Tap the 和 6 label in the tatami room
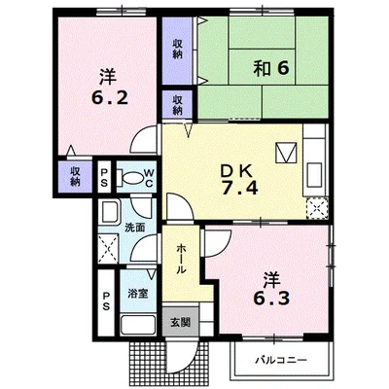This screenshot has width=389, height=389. click(271, 68)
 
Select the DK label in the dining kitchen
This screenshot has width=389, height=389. click(236, 171)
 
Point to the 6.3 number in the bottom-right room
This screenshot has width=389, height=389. click(271, 299)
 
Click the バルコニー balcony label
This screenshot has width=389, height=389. click(281, 360)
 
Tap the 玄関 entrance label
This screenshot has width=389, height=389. click(181, 322)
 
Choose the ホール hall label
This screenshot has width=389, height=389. click(181, 260)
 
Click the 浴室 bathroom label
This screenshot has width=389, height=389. click(138, 294)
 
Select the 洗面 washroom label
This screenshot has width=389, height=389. click(135, 228)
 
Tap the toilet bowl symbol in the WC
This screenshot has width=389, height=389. click(130, 177)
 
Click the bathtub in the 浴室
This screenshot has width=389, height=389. click(138, 325)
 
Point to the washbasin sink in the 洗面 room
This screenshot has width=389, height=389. click(110, 211)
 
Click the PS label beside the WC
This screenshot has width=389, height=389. click(104, 177)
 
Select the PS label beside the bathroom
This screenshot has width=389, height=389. click(106, 301)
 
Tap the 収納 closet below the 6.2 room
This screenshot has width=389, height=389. click(75, 176)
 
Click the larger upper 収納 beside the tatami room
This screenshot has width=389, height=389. click(177, 50)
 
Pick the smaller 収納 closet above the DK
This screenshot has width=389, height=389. click(177, 105)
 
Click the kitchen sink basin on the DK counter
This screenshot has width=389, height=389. click(314, 175)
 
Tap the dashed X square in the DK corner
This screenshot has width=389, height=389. click(317, 207)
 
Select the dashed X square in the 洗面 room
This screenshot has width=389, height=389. click(109, 249)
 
